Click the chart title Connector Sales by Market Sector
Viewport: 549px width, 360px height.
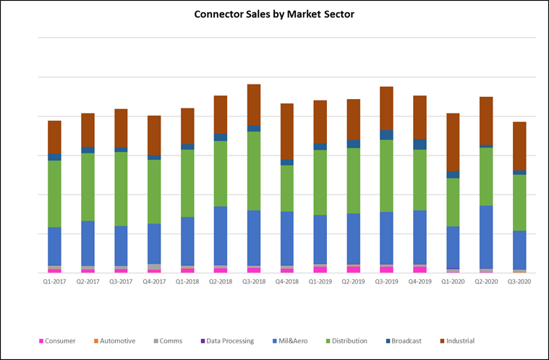tap(274, 14)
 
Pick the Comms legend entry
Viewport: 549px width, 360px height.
tap(169, 340)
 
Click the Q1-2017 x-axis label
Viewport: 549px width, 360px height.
tap(54, 282)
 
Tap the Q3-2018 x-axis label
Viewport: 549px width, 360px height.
tap(253, 282)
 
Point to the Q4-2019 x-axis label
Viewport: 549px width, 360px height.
tap(419, 282)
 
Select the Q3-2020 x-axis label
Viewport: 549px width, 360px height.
tap(519, 282)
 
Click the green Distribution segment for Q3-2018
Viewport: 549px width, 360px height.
tap(254, 171)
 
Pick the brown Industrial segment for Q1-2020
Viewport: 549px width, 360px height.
tap(453, 142)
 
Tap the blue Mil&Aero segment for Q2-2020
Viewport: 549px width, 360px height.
tap(486, 237)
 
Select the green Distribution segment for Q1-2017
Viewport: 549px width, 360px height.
tap(54, 194)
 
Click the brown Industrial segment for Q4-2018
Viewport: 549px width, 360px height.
tap(287, 131)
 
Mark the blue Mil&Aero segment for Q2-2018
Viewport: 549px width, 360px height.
tap(221, 236)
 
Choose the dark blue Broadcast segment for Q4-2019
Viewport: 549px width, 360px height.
tap(420, 144)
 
